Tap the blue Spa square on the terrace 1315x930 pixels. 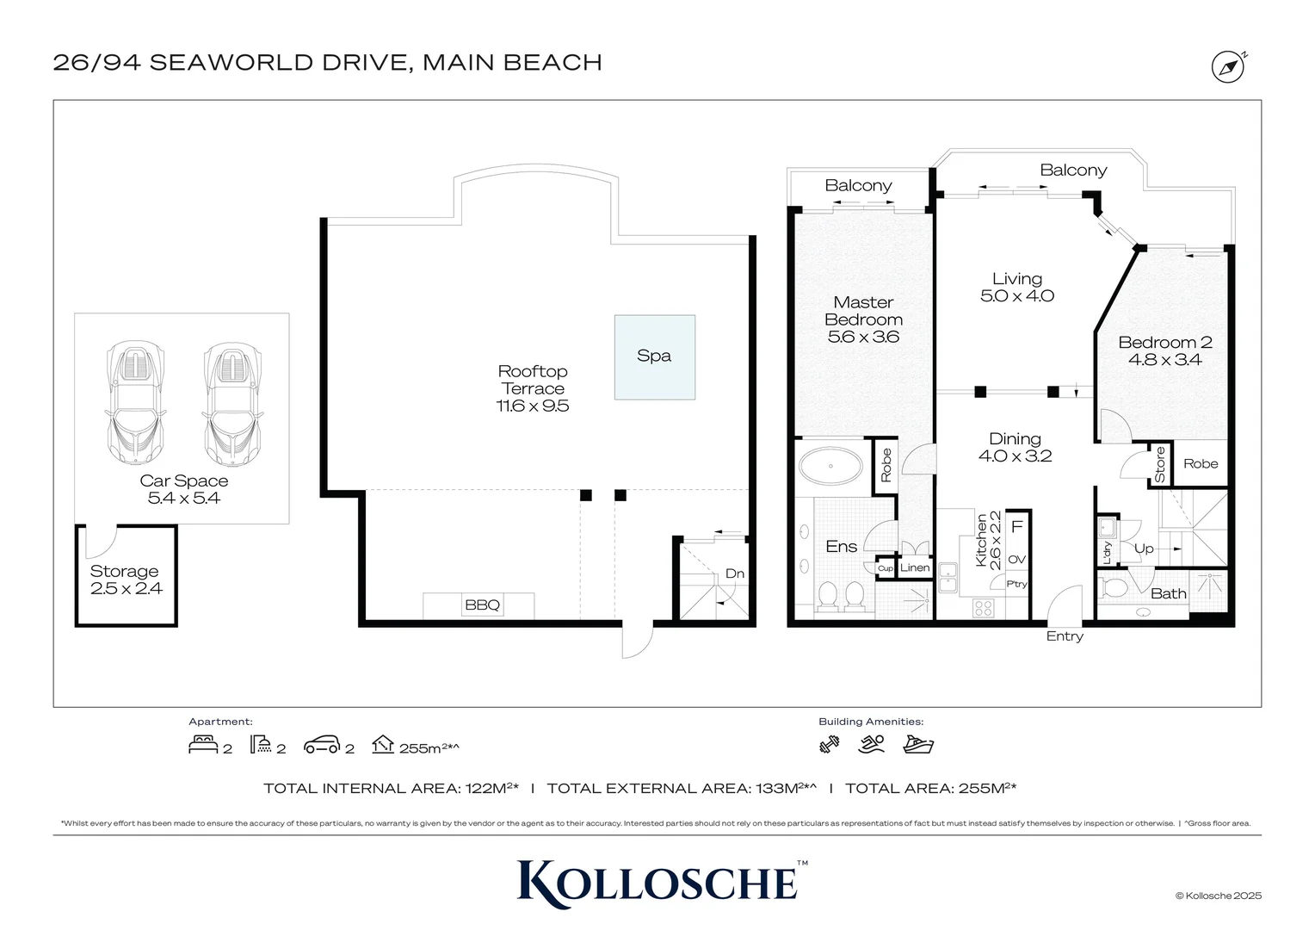pos(655,357)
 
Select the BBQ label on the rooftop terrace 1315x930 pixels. pos(482,604)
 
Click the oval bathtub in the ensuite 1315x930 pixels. pos(830,467)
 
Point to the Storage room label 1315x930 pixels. pos(124,571)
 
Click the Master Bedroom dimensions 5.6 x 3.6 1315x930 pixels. pos(863,337)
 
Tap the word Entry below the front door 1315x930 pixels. pos(1065,636)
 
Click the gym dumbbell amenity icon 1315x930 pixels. pos(830,745)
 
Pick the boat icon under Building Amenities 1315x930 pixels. pos(918,744)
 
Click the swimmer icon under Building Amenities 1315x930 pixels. pos(871,744)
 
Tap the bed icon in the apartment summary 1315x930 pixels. pos(203,744)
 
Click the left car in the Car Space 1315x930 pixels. pos(135,403)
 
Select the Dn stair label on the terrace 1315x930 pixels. pos(734,573)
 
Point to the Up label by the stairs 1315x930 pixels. pos(1144,549)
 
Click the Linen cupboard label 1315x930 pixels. pos(915,567)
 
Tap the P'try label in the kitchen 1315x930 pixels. pos(1016,584)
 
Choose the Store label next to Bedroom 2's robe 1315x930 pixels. pos(1159,465)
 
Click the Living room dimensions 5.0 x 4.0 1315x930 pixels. pos(1016,295)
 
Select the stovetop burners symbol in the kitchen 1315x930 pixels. pos(984,607)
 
